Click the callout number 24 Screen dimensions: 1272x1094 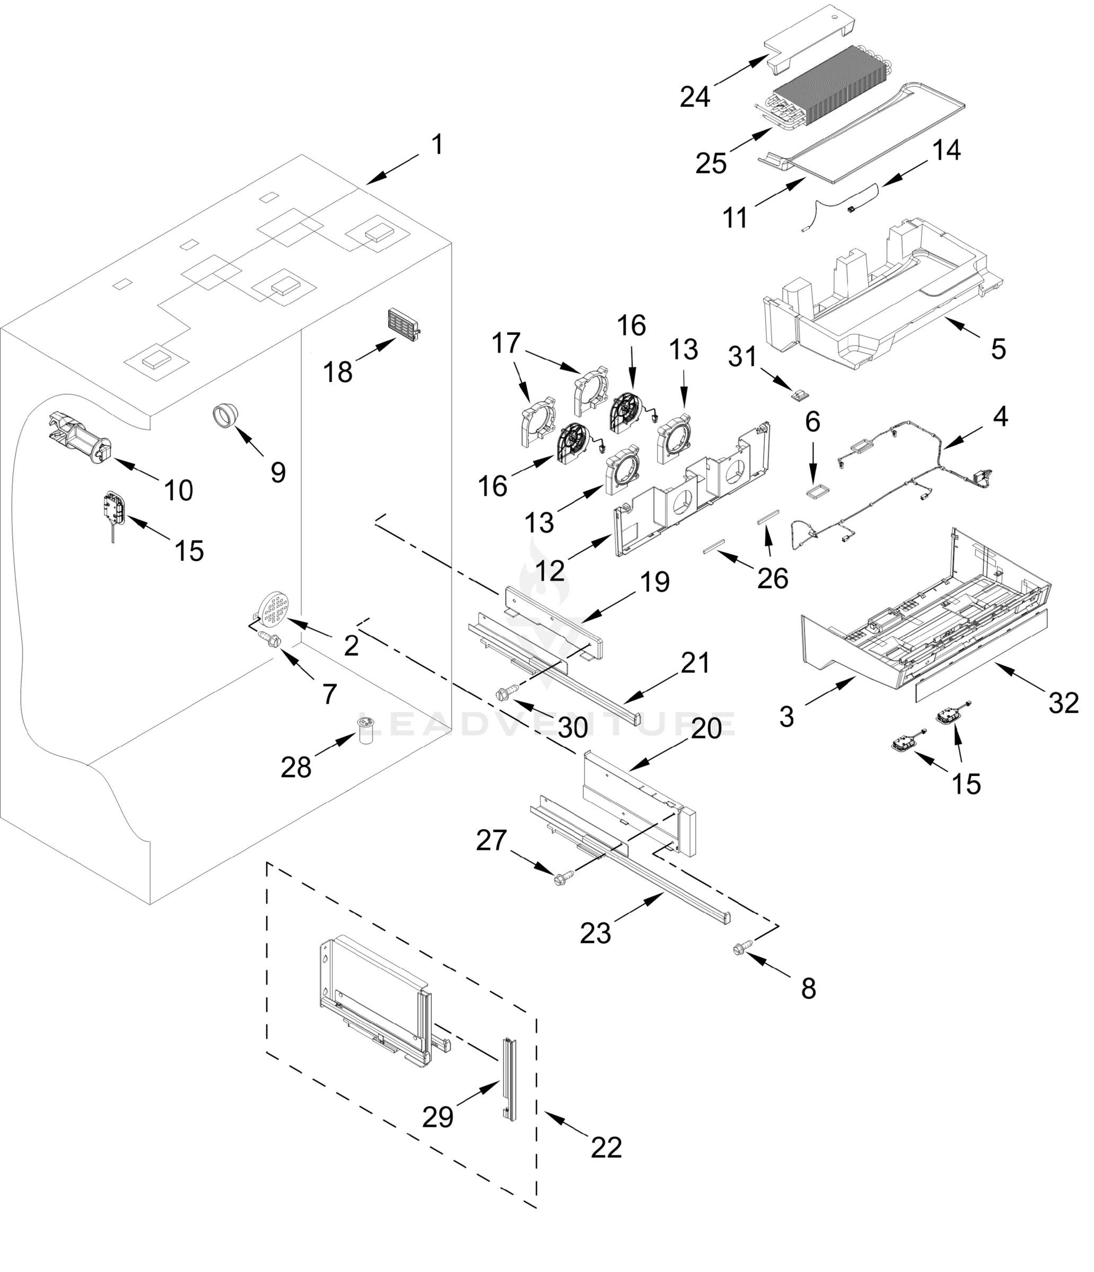point(695,96)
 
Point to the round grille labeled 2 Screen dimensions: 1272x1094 point(276,607)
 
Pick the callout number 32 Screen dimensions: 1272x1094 point(1063,703)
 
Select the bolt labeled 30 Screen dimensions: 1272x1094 point(505,693)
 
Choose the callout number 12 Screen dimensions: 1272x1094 point(550,571)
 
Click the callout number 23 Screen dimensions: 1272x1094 point(595,934)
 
